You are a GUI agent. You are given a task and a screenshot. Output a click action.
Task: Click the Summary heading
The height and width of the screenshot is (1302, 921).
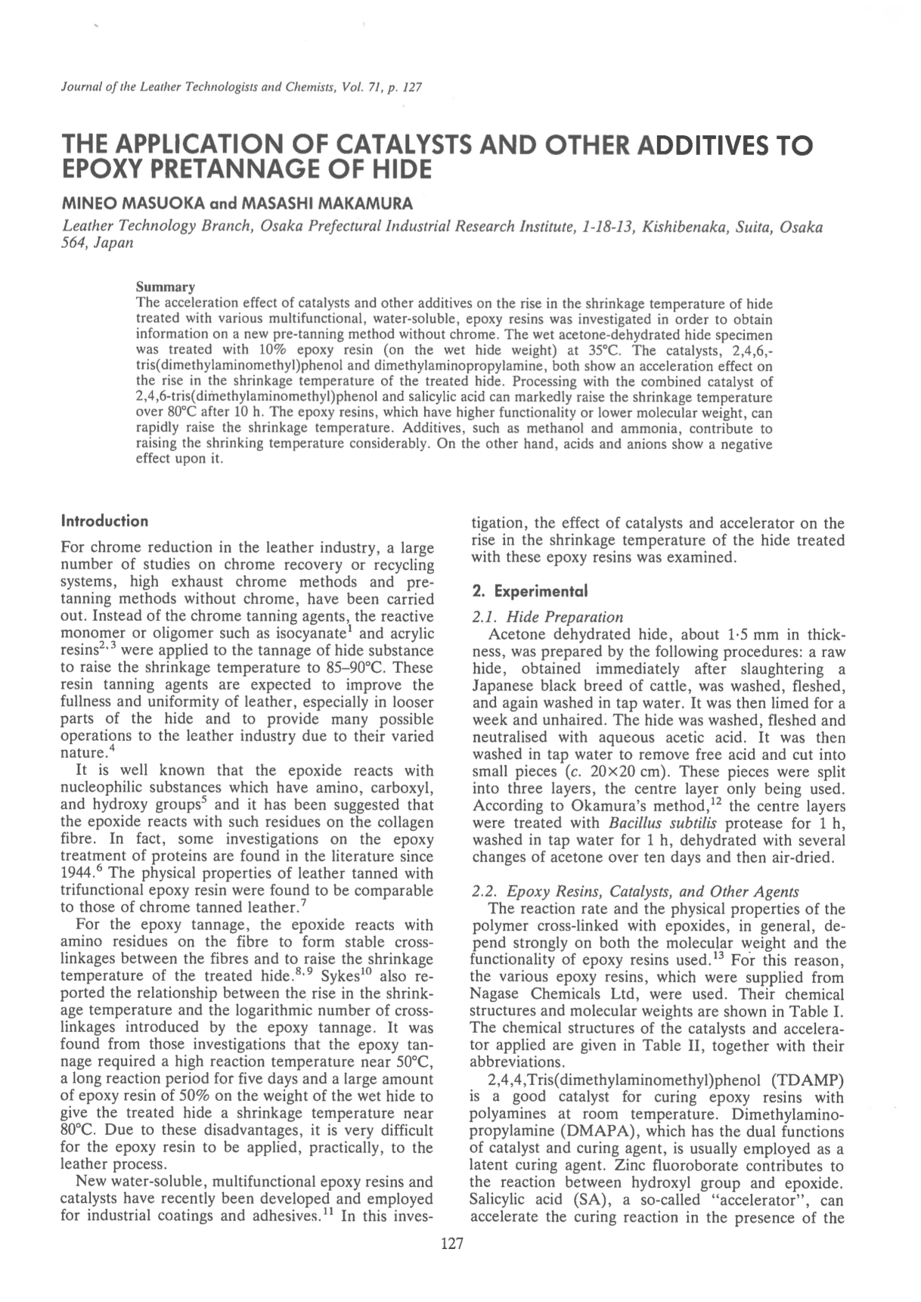click(165, 287)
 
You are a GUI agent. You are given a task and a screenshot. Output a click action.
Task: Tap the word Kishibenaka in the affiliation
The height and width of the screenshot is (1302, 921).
click(680, 226)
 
